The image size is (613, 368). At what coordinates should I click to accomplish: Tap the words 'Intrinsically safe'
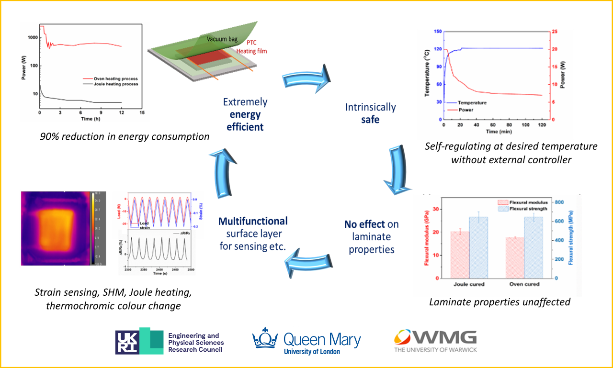click(x=370, y=113)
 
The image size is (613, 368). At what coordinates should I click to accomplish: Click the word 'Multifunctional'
click(x=253, y=221)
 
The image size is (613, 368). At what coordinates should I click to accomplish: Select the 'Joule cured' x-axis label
click(x=468, y=284)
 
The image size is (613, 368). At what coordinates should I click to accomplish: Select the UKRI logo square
click(x=128, y=342)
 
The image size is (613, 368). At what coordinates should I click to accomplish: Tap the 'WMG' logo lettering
click(x=446, y=338)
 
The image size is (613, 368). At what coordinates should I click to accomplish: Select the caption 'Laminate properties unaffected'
click(x=500, y=302)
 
